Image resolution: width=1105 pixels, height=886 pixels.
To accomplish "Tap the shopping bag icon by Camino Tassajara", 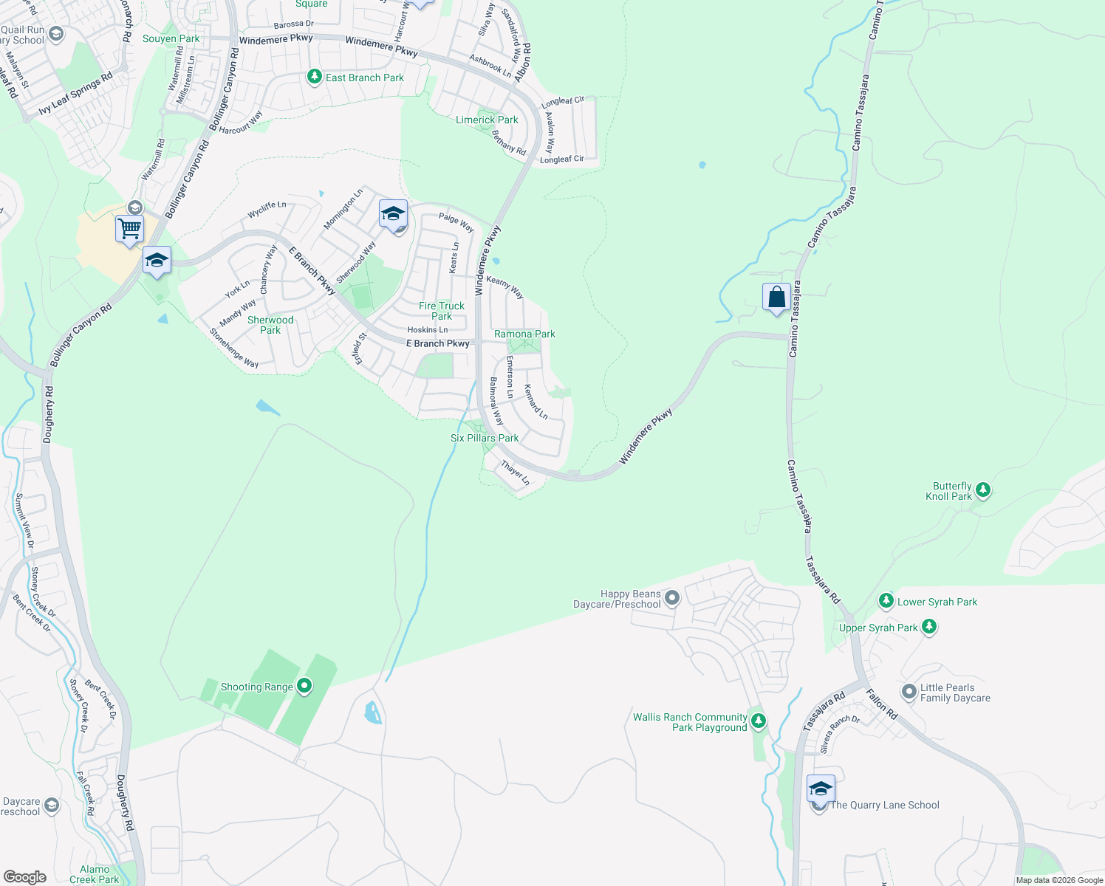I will pos(776,298).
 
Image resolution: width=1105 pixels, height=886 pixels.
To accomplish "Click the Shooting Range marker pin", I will pos(304,687).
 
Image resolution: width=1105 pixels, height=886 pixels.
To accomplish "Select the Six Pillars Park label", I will pos(485,438).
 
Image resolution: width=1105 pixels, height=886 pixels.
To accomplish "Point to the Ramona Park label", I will pos(524,334).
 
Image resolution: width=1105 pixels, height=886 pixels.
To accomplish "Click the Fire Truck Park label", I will pos(442,311).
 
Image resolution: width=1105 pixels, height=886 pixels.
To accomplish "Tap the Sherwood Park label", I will pos(270,325).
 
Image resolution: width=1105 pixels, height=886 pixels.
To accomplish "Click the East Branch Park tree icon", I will pos(315,77).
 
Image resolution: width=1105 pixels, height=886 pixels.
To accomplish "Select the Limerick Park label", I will pos(487,120).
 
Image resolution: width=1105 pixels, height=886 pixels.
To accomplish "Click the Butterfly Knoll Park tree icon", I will pos(982,490).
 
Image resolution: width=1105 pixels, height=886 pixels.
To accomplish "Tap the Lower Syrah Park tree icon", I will pos(886,601).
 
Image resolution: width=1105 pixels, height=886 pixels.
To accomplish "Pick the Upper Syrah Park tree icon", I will pos(929,627).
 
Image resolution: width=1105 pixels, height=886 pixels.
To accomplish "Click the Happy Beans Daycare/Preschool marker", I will pos(671,597).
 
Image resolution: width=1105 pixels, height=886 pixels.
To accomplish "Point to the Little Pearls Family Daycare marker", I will pos(909,692).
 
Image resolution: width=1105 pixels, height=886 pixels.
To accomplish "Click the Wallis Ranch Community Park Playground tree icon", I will pos(758,721).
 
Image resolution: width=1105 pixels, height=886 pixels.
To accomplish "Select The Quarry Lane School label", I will pos(885,805).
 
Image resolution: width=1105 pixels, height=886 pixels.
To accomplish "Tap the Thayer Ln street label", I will pos(516,473).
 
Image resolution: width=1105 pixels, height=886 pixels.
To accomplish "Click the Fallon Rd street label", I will pos(881,704).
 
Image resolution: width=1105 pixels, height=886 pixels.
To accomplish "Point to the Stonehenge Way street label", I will pos(234,348).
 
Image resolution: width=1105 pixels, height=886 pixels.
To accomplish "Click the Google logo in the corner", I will pos(25,877).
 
